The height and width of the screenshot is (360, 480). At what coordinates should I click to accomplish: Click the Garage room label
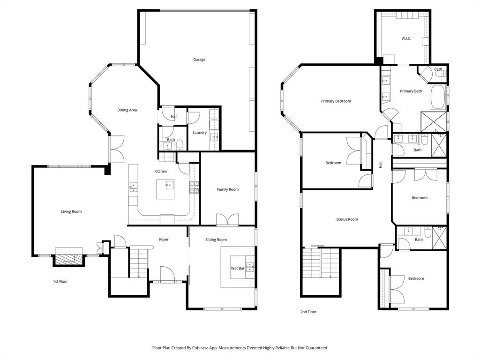(x=199, y=60)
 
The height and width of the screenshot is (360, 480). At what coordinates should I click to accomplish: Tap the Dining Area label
(x=127, y=110)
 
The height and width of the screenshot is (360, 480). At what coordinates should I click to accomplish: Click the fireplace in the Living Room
(x=68, y=258)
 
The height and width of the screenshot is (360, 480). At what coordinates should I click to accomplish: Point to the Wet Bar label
(x=237, y=269)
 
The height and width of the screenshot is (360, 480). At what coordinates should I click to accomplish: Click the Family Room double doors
(x=227, y=219)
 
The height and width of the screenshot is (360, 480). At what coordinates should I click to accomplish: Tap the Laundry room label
(x=199, y=133)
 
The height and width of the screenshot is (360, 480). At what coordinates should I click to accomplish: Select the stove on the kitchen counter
(x=194, y=187)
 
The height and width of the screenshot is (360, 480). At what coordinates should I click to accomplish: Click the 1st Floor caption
(x=60, y=282)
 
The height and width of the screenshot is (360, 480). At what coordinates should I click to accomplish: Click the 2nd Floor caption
(x=308, y=312)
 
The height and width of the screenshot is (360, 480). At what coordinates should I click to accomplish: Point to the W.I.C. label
(x=406, y=38)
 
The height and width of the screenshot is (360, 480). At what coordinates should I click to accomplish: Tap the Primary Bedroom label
(x=336, y=101)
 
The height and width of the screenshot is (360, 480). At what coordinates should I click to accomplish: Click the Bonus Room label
(x=347, y=219)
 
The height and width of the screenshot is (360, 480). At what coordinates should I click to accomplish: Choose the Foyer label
(x=164, y=240)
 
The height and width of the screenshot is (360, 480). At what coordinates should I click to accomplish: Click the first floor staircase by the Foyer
(x=138, y=262)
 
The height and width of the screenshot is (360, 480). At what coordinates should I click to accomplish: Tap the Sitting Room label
(x=216, y=240)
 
